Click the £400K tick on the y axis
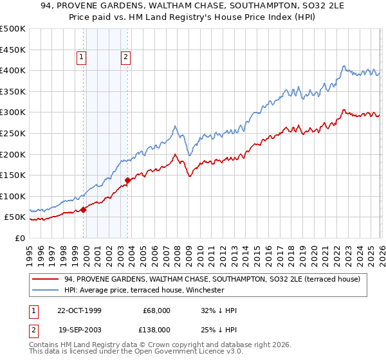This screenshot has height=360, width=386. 13,70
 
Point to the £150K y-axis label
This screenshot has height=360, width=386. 13,175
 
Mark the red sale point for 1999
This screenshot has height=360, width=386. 84,210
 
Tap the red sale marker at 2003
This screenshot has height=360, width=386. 128,180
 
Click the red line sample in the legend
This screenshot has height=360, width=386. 45,279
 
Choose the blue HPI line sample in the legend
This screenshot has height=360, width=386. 45,290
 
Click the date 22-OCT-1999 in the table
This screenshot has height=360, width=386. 75,310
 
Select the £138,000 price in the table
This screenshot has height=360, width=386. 156,329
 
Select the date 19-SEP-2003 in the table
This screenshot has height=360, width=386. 75,329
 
